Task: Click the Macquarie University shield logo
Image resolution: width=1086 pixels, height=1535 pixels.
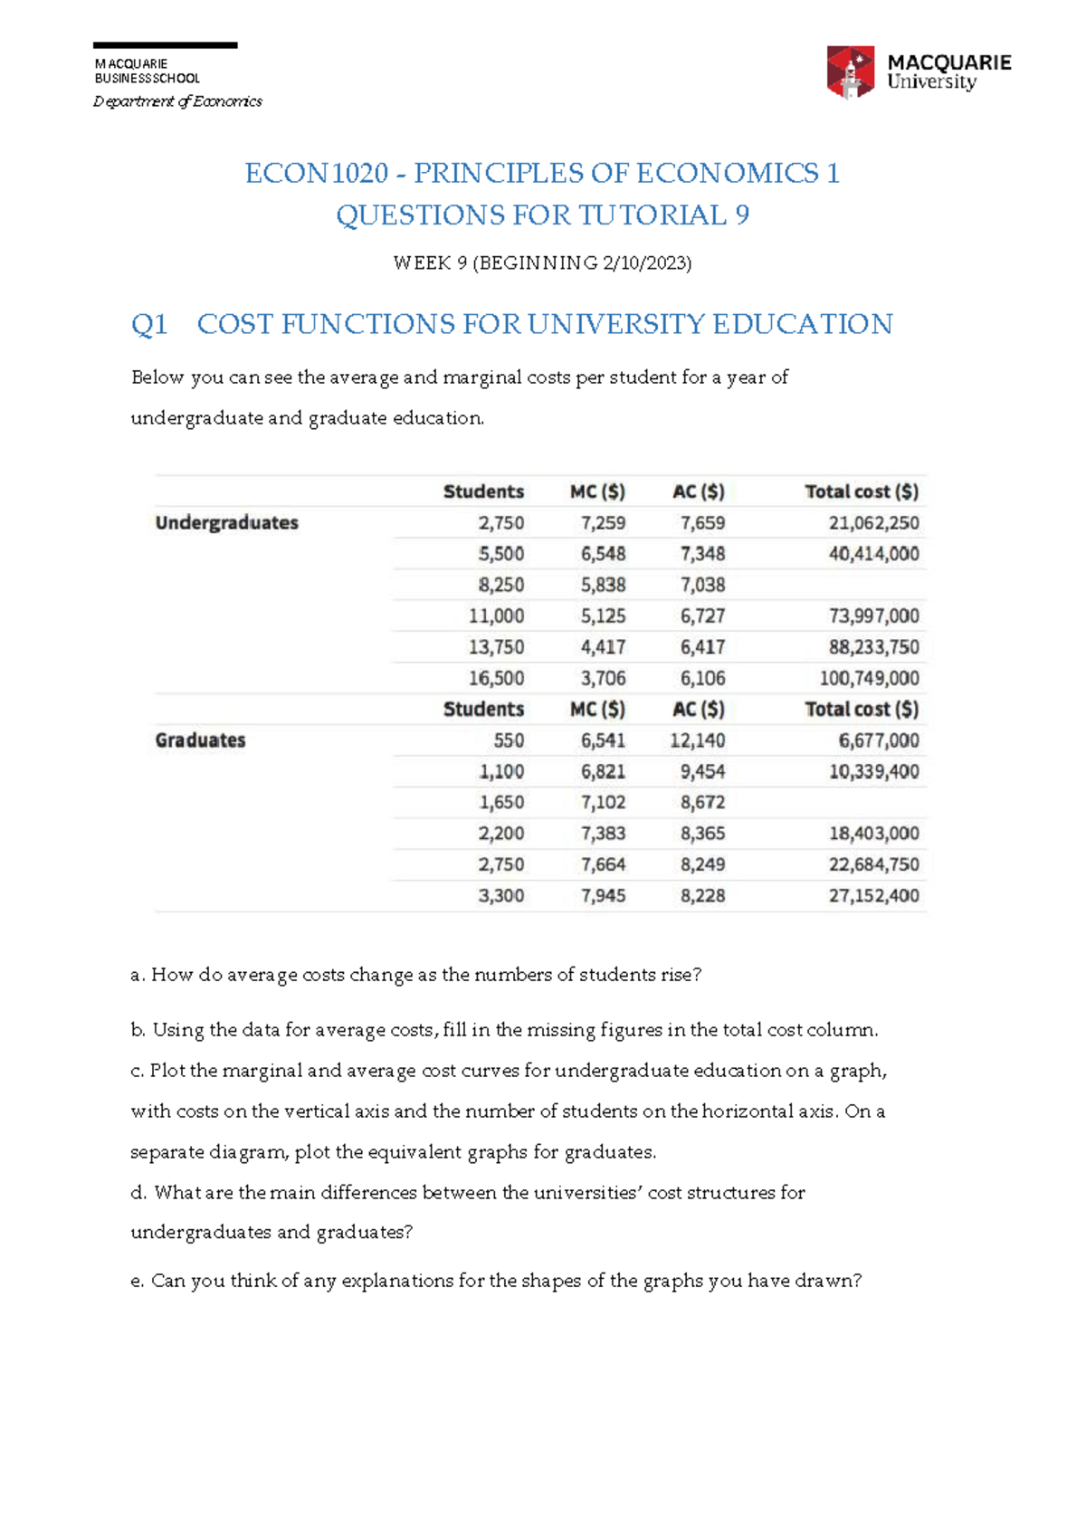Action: coord(850,72)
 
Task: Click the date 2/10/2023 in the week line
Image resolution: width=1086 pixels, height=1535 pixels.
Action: coord(644,263)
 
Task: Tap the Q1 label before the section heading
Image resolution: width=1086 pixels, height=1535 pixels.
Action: coord(149,324)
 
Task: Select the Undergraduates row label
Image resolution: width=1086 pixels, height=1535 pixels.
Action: coord(226,522)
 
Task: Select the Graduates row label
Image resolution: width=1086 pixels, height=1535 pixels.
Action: coord(200,740)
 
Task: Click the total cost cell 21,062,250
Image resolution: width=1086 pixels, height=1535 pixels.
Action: coord(873,523)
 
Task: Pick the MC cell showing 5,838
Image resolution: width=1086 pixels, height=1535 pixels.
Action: coord(603,585)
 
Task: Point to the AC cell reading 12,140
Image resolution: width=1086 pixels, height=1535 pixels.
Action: coord(697,740)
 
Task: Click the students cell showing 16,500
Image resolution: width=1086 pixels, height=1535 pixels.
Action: coord(496,678)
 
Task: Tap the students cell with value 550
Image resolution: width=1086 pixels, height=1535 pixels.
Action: coord(509,740)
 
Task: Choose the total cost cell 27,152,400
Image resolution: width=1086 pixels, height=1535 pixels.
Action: coord(873,896)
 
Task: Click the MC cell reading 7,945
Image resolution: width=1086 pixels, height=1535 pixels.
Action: coord(603,896)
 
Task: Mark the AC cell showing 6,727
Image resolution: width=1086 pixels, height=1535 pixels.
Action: coord(702,616)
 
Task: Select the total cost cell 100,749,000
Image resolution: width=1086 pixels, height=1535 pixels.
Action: coord(869,678)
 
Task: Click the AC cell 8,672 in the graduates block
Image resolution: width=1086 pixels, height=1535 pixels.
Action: coord(702,803)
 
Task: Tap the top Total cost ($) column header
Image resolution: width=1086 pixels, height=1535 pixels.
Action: coord(862,491)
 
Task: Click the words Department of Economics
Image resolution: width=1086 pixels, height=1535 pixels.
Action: coord(177,101)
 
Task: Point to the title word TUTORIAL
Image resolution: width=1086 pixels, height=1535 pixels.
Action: coord(653,215)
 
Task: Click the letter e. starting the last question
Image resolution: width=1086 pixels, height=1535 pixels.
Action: coord(137,1282)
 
